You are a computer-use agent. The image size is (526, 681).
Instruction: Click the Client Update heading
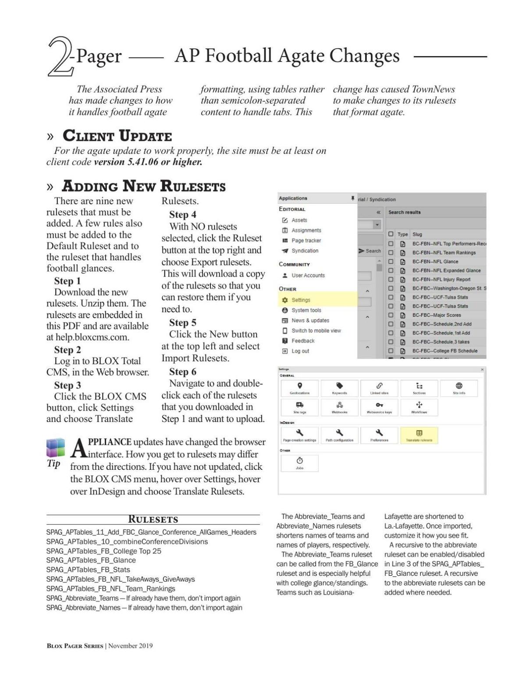pos(117,136)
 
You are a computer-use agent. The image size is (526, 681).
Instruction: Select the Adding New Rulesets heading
pos(143,186)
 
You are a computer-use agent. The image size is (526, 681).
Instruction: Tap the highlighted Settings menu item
pos(301,300)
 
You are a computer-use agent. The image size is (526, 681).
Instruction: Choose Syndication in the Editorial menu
pos(305,251)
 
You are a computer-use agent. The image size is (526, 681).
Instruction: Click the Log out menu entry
pos(300,351)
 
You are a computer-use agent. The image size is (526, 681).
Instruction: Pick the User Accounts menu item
pos(308,276)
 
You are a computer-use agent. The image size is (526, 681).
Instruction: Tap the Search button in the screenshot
pos(370,251)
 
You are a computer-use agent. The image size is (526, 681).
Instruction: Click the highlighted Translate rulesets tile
pos(419,435)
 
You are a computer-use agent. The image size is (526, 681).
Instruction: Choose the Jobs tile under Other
pos(300,463)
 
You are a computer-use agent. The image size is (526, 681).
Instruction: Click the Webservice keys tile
pos(379,407)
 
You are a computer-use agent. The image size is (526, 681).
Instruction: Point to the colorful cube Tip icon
pos(56,448)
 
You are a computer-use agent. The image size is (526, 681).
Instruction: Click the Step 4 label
pos(183,215)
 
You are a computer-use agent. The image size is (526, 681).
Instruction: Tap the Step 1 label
pos(67,281)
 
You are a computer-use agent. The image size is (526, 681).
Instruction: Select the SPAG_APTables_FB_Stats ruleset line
pos(88,570)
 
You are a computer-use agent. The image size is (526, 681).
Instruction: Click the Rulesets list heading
pos(153,520)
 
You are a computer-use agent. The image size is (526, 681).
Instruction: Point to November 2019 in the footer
pos(130,646)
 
